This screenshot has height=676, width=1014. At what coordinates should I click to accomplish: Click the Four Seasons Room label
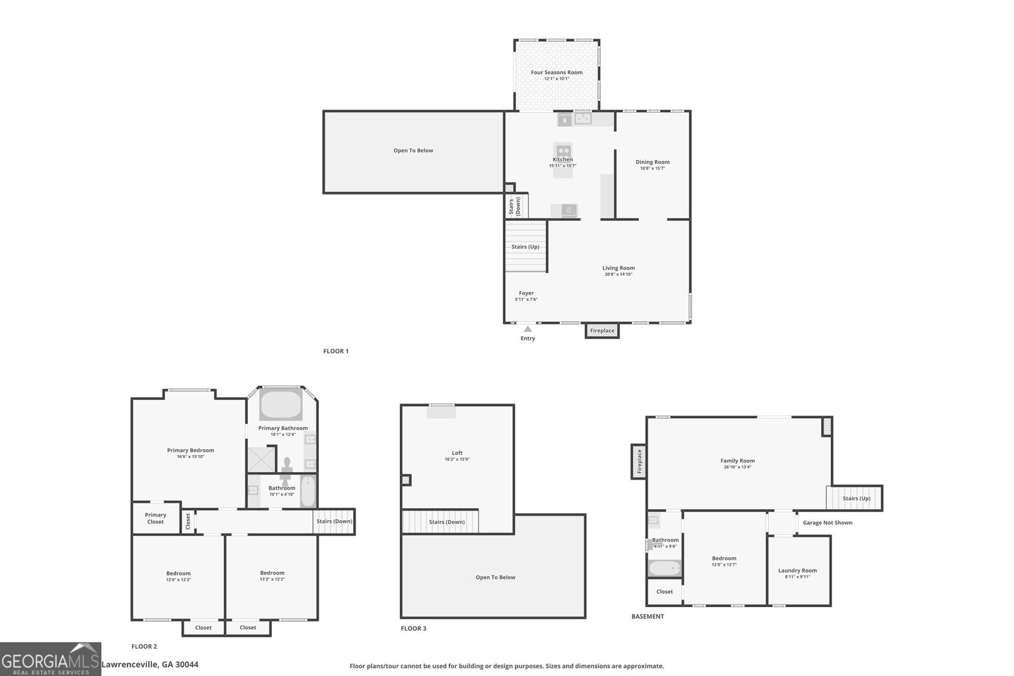(x=556, y=72)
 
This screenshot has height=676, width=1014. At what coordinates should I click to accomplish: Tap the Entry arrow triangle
(x=527, y=329)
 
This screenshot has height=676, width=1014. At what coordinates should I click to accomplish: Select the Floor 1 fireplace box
(x=601, y=330)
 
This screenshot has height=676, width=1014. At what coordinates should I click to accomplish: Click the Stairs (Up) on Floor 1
(x=525, y=246)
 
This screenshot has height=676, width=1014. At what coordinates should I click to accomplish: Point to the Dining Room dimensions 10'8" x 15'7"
(x=652, y=169)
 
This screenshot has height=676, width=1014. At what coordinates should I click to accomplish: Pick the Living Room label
(x=618, y=268)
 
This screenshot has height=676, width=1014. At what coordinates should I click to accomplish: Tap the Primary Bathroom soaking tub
(x=281, y=405)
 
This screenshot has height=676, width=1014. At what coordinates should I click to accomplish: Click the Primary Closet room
(x=155, y=518)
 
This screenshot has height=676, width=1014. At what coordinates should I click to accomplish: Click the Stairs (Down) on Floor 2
(x=334, y=521)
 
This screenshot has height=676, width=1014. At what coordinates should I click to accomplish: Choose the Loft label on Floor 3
(x=457, y=453)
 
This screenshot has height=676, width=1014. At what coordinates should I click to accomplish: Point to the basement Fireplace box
(x=639, y=461)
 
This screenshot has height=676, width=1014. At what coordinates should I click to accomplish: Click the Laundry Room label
(x=797, y=570)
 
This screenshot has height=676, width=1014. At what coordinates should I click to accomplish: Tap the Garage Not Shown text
(x=827, y=523)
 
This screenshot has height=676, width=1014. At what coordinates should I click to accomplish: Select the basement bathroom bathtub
(x=664, y=568)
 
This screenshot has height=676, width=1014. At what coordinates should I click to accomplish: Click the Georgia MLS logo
(x=51, y=659)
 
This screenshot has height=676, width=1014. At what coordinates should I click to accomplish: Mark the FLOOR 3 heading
(x=413, y=628)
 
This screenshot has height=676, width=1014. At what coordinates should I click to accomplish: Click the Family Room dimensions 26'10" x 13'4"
(x=737, y=468)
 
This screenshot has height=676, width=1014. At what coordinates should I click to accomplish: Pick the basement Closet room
(x=664, y=592)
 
